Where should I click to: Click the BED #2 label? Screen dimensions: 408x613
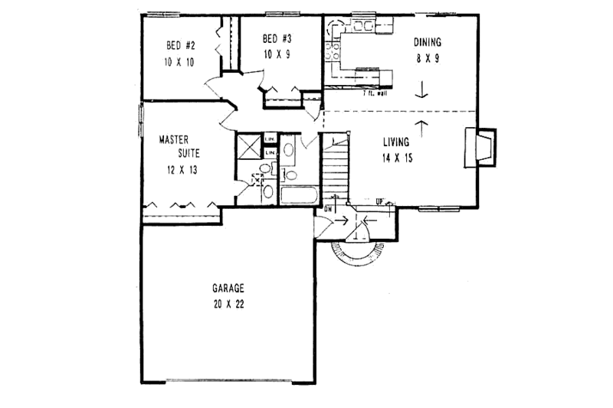(x=179, y=43)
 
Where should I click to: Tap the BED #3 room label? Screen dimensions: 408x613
(x=275, y=38)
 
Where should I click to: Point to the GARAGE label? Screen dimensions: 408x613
(x=228, y=289)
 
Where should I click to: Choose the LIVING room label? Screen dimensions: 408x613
(x=395, y=142)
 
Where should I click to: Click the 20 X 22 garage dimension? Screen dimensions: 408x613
(x=228, y=303)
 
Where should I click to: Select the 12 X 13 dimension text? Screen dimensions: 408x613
(x=180, y=170)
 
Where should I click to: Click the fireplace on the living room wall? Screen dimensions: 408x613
(x=480, y=148)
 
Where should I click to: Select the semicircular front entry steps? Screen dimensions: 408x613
(x=352, y=253)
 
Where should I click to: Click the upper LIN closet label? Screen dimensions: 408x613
(x=270, y=139)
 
